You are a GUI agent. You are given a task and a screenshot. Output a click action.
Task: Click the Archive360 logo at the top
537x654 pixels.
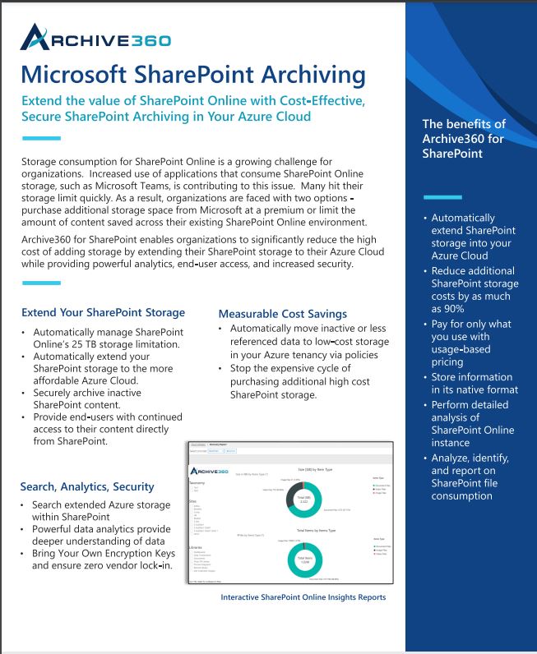(x=96, y=38)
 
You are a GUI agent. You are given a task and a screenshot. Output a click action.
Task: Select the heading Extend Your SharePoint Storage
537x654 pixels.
(x=103, y=312)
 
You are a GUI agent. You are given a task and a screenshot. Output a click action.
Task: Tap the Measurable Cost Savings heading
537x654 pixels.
(x=283, y=314)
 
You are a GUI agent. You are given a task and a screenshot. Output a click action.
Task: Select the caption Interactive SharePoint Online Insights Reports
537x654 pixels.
(x=303, y=597)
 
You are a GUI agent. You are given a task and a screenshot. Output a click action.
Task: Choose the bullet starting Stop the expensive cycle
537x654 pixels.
(x=296, y=382)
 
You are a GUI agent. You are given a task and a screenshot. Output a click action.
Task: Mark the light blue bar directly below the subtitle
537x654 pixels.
(x=41, y=138)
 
